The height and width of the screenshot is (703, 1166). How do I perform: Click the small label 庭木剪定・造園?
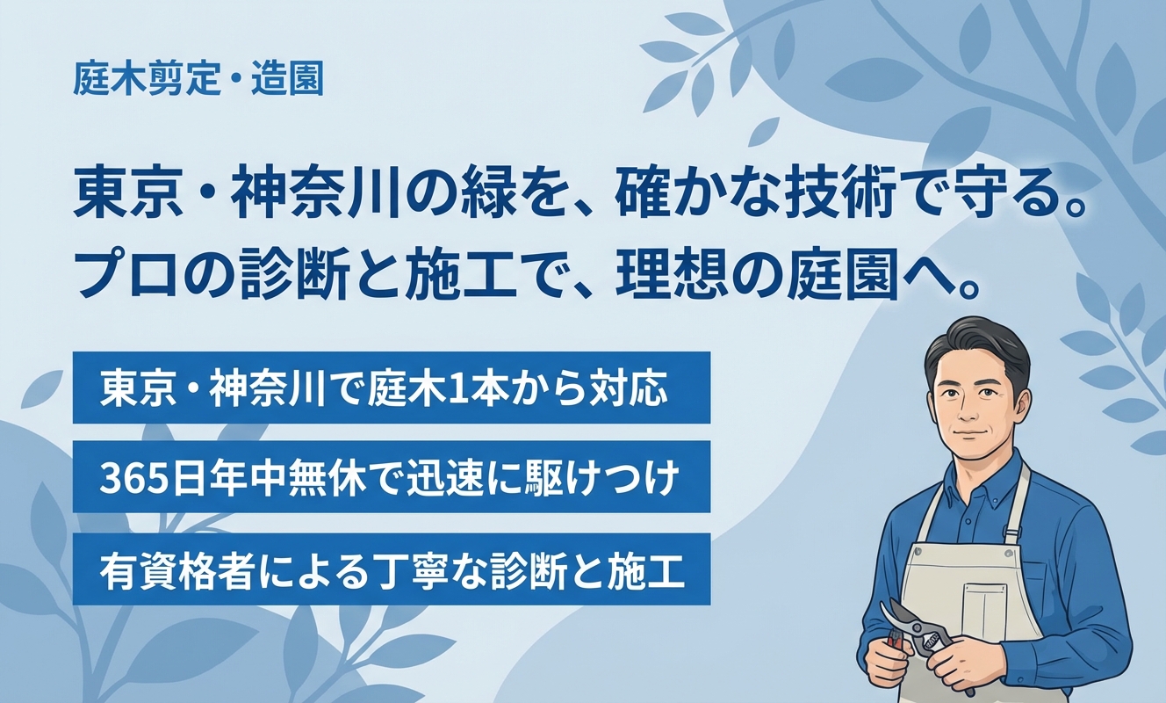point(199,81)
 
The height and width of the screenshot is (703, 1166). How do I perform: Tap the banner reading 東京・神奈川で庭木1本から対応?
point(391,388)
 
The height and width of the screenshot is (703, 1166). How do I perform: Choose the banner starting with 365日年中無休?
point(391,478)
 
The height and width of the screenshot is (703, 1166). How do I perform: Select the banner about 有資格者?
point(391,569)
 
